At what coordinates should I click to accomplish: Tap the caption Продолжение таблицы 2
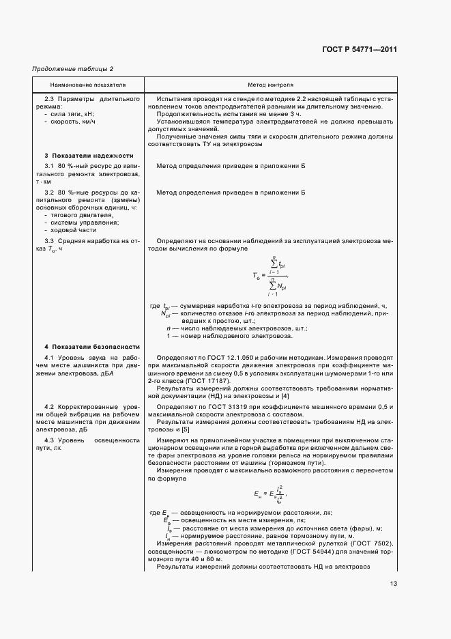click(x=73, y=69)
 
